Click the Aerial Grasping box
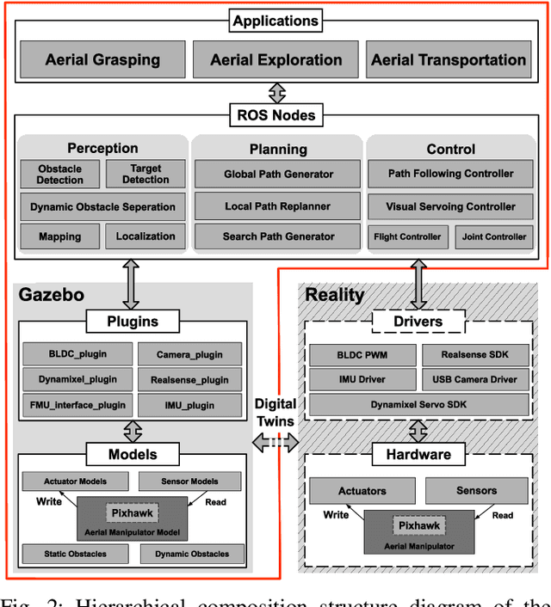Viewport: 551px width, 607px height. tap(102, 60)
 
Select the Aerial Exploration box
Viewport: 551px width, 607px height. tap(276, 60)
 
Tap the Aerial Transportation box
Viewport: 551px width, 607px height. tap(449, 60)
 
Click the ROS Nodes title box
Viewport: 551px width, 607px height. tap(275, 114)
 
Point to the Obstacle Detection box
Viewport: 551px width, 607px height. tap(60, 175)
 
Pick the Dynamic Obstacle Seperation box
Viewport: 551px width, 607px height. tap(102, 206)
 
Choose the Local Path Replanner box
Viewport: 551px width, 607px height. tap(278, 206)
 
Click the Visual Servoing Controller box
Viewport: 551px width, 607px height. tap(451, 206)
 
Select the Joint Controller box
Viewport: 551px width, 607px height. tap(494, 236)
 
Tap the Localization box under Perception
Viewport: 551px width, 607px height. tap(145, 236)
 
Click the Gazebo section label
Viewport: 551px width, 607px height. tap(52, 295)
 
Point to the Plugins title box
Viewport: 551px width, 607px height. tap(133, 322)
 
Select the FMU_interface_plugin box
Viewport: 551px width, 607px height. tap(75, 405)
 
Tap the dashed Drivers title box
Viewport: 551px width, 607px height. tap(418, 322)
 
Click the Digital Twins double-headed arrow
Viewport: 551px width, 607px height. tap(275, 442)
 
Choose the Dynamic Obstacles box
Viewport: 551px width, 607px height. tap(192, 555)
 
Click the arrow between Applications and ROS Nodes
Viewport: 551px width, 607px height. tap(275, 90)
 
